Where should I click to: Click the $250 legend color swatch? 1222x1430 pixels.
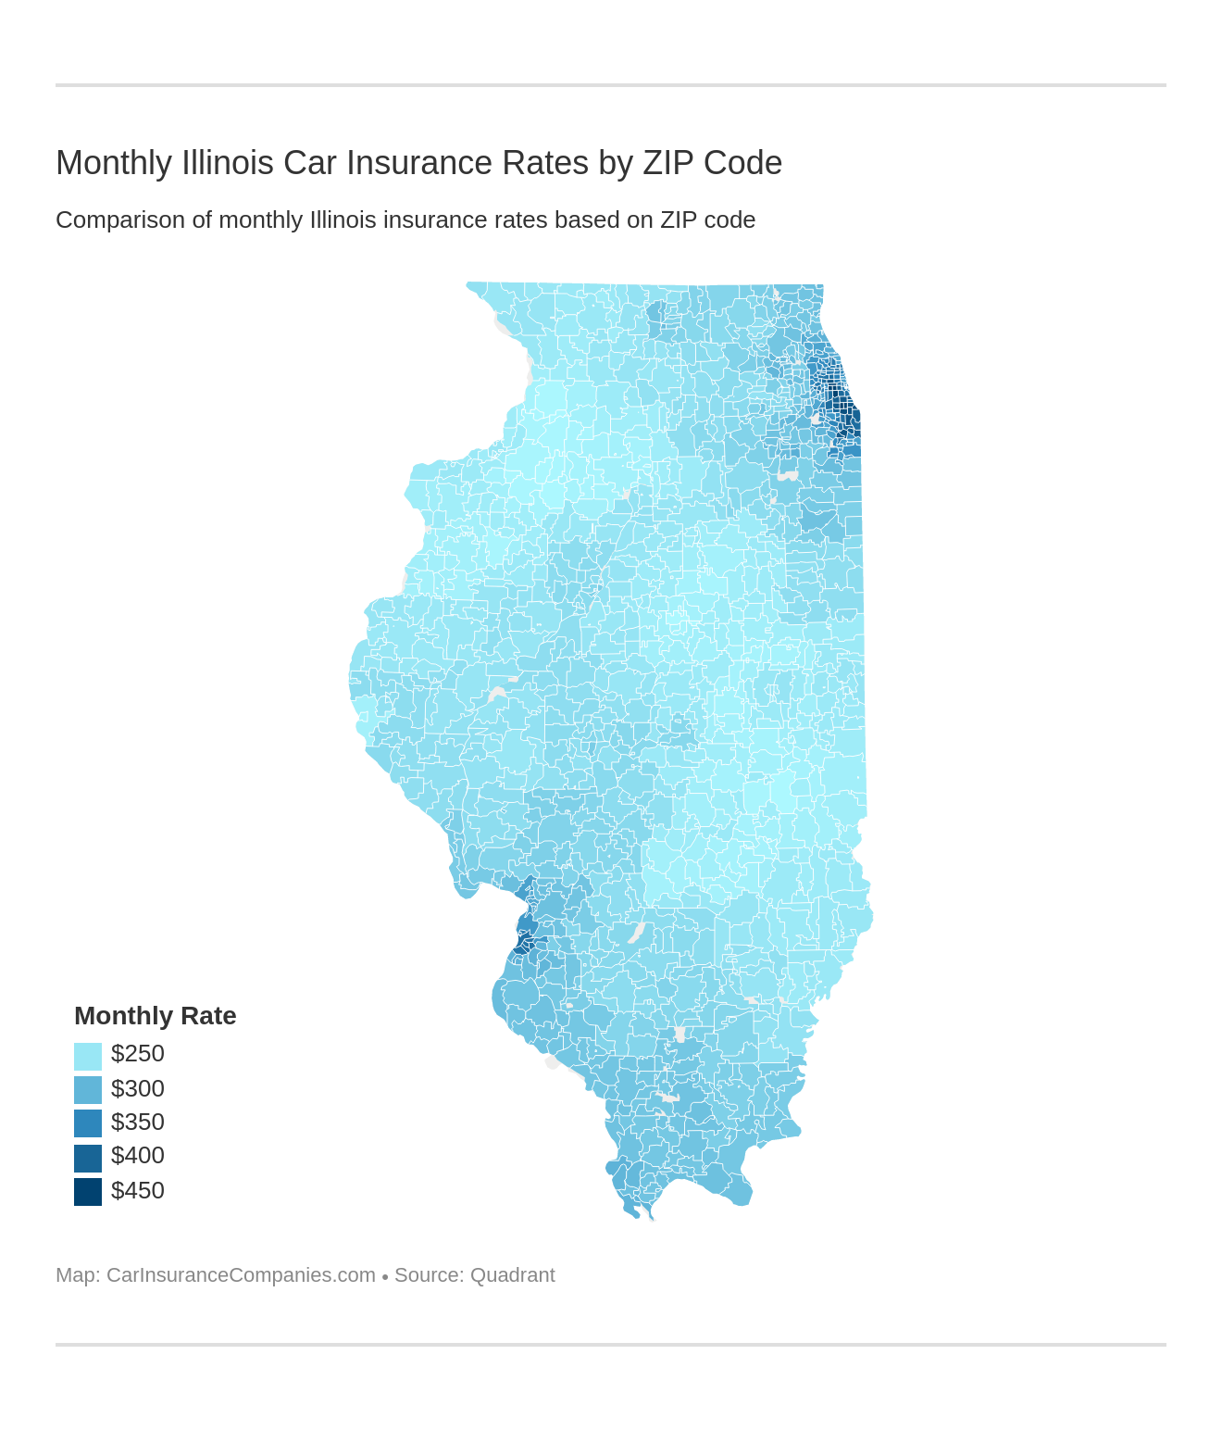coord(88,1056)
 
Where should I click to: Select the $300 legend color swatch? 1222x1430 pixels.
coord(88,1089)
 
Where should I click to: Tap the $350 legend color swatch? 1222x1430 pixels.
coord(88,1123)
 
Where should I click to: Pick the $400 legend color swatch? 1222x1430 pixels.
coord(88,1158)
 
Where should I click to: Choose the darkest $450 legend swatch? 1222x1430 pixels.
coord(88,1191)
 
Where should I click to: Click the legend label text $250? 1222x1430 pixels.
coord(137,1054)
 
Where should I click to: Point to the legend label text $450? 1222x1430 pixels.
coord(137,1190)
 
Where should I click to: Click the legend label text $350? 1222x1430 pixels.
coord(137,1122)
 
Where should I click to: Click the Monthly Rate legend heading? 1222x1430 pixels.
coord(155,1016)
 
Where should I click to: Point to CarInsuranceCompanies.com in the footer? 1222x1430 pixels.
coord(241,1275)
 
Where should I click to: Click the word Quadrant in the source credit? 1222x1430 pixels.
coord(512,1275)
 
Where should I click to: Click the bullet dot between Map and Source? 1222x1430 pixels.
coord(385,1276)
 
